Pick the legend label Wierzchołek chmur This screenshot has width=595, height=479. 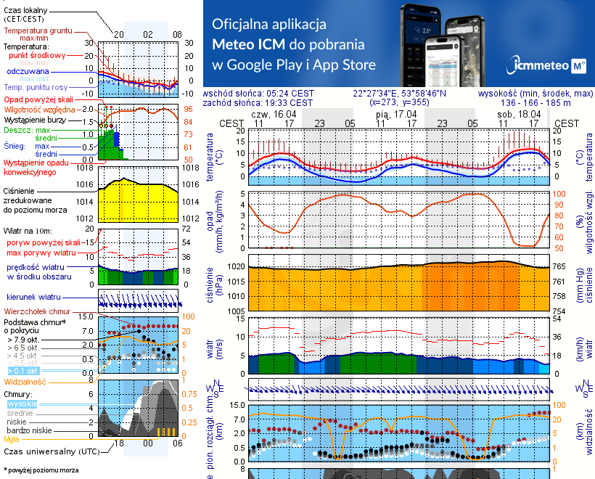[36, 311]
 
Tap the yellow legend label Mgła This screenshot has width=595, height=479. [12, 439]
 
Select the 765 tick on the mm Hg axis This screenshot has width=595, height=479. [560, 266]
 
